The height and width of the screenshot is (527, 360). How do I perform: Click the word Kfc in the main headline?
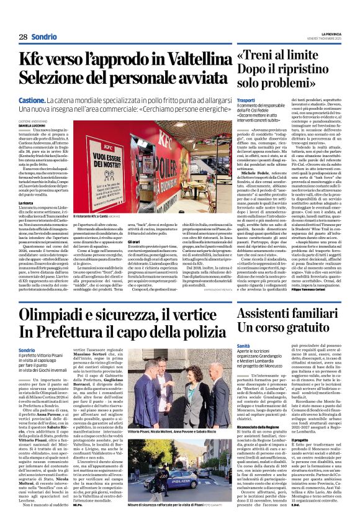(32, 60)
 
